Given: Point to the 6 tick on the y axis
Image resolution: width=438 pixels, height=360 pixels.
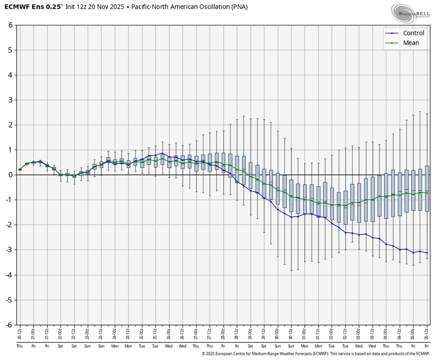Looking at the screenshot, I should coord(10,25).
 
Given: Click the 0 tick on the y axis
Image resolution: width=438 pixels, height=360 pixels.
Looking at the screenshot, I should coord(10,175).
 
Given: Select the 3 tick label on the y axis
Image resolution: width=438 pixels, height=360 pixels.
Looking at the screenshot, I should coord(10,100).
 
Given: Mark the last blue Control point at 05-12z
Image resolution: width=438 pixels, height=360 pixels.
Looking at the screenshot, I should coord(427,253).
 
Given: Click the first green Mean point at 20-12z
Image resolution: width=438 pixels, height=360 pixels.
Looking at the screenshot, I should coord(20,169).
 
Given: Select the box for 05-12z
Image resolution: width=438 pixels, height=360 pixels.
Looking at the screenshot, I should coord(427,189).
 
